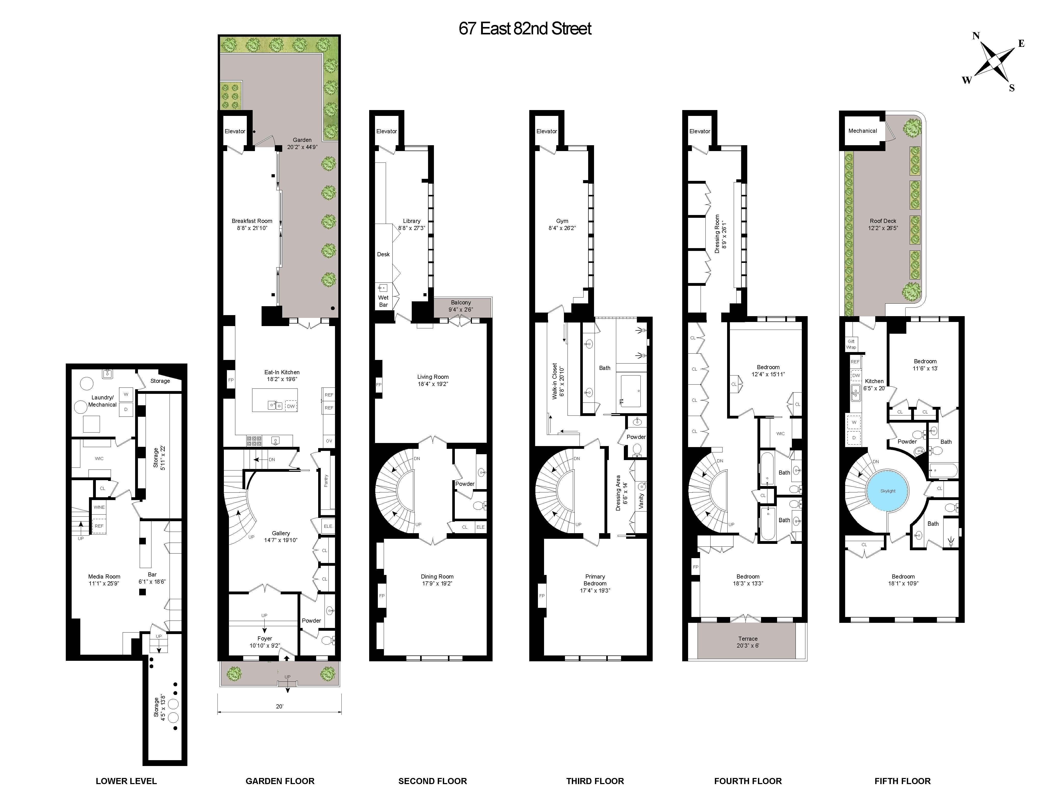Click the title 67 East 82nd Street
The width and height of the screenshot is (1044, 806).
[525, 29]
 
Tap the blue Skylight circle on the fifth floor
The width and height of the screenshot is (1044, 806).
[888, 491]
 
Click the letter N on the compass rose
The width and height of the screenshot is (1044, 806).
[976, 36]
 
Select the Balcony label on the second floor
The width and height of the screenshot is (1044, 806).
[461, 302]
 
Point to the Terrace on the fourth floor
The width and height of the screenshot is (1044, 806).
[747, 641]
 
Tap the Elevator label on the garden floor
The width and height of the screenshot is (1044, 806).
[235, 131]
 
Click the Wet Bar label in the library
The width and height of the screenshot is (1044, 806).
[383, 301]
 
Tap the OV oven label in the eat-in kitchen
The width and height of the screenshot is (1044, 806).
[329, 441]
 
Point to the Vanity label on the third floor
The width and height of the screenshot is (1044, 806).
[641, 500]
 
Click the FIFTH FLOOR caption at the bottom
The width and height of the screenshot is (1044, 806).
[903, 781]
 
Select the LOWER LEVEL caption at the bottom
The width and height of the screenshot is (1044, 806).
[126, 781]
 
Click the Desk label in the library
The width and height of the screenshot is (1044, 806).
[383, 254]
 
